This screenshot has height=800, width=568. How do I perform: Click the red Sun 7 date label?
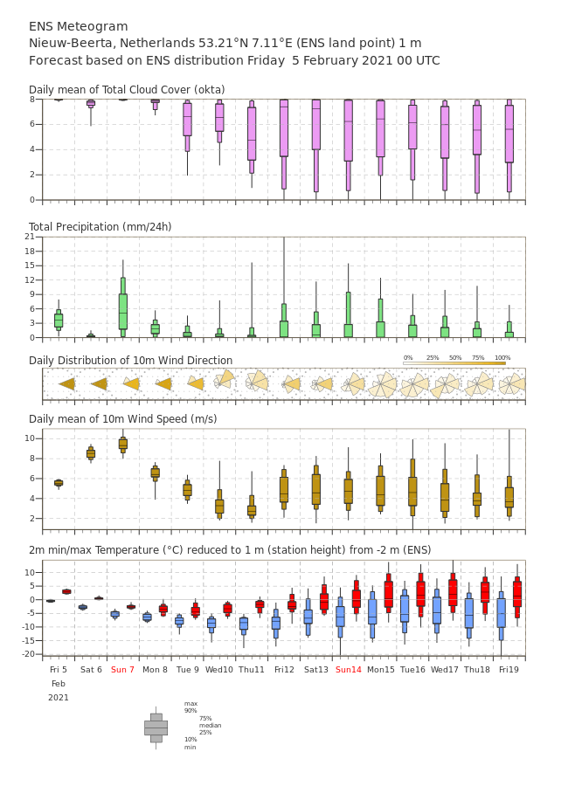tap(122, 669)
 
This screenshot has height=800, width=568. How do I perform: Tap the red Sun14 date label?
tap(349, 669)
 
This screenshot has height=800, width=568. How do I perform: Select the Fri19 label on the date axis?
tap(509, 669)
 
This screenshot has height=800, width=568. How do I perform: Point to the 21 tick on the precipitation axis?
tap(30, 237)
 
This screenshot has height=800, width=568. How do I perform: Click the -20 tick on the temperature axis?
tap(29, 654)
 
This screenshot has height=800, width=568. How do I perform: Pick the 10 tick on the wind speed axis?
tap(30, 438)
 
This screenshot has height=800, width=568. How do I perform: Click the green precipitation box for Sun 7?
tap(123, 307)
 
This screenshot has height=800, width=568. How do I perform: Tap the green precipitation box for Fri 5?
tap(59, 320)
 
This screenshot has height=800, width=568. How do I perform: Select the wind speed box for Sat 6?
tap(91, 453)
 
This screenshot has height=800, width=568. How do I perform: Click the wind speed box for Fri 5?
tap(59, 483)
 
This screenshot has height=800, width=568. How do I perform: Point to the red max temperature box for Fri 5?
tap(66, 592)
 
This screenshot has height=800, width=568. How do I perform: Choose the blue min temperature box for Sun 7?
tap(115, 614)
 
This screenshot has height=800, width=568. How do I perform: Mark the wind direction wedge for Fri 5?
tap(67, 384)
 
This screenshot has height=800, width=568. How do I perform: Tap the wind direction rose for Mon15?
tap(382, 385)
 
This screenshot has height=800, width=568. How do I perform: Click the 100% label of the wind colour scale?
tap(502, 358)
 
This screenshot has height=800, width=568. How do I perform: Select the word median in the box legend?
tap(211, 725)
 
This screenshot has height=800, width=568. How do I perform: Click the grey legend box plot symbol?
tap(156, 728)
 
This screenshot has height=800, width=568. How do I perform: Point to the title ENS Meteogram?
tap(79, 26)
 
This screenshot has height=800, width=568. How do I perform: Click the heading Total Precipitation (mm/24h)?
tap(100, 226)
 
